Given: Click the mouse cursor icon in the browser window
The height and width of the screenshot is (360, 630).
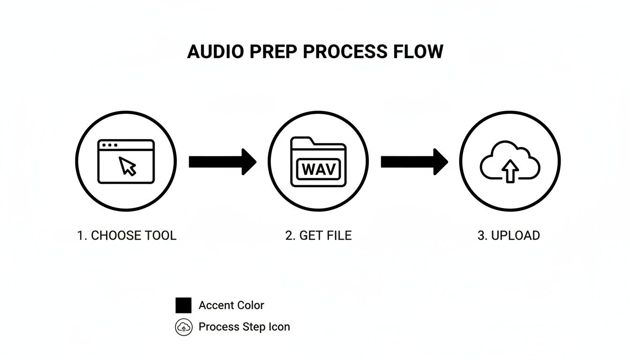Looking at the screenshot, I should coord(127,166).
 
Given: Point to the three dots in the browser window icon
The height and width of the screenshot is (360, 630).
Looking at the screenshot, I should coord(110,145).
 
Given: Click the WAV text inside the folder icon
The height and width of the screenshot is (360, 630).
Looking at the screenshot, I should coord(319,169).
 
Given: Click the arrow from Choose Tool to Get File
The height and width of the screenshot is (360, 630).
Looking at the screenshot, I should coord(222,162).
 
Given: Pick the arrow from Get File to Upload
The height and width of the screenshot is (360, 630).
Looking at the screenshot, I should coord(414,162).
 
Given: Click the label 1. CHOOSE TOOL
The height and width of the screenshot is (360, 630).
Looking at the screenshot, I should coord(127,235).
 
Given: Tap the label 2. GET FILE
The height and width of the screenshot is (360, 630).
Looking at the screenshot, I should coord(318,235).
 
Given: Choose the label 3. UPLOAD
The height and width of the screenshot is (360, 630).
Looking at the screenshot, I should coord(509,235).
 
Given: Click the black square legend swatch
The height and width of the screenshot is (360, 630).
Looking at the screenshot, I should coord(183,305).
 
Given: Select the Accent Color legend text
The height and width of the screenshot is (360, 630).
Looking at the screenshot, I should coord(231,305).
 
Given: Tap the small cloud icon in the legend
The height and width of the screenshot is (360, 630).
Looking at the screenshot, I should coord(184,327).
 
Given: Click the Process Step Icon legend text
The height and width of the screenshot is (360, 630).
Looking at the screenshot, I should coord(244,327).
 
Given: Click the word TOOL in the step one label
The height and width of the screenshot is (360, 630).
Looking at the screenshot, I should coord(160,235).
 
